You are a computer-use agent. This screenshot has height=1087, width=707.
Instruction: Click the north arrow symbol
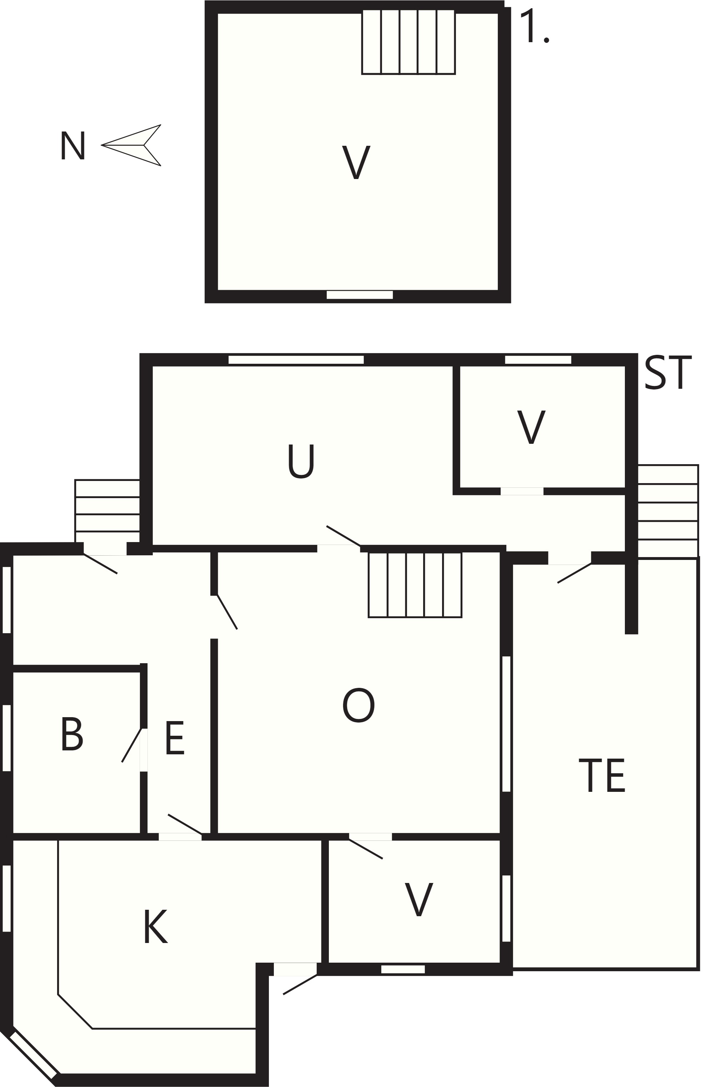[x=131, y=145]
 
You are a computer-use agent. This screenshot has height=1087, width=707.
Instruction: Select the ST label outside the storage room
[x=668, y=372]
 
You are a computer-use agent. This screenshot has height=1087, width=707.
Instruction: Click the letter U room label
[x=301, y=461]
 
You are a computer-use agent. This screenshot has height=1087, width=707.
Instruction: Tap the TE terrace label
[x=602, y=775]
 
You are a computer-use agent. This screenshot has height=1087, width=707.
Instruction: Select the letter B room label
[x=72, y=734]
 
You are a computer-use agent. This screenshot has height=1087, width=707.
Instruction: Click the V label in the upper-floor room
[x=356, y=162]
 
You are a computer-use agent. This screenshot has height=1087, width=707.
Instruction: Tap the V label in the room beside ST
[x=531, y=427]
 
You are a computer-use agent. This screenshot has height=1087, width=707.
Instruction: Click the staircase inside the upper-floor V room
[x=408, y=41]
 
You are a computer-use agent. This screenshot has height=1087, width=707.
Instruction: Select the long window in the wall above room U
[x=296, y=360]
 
